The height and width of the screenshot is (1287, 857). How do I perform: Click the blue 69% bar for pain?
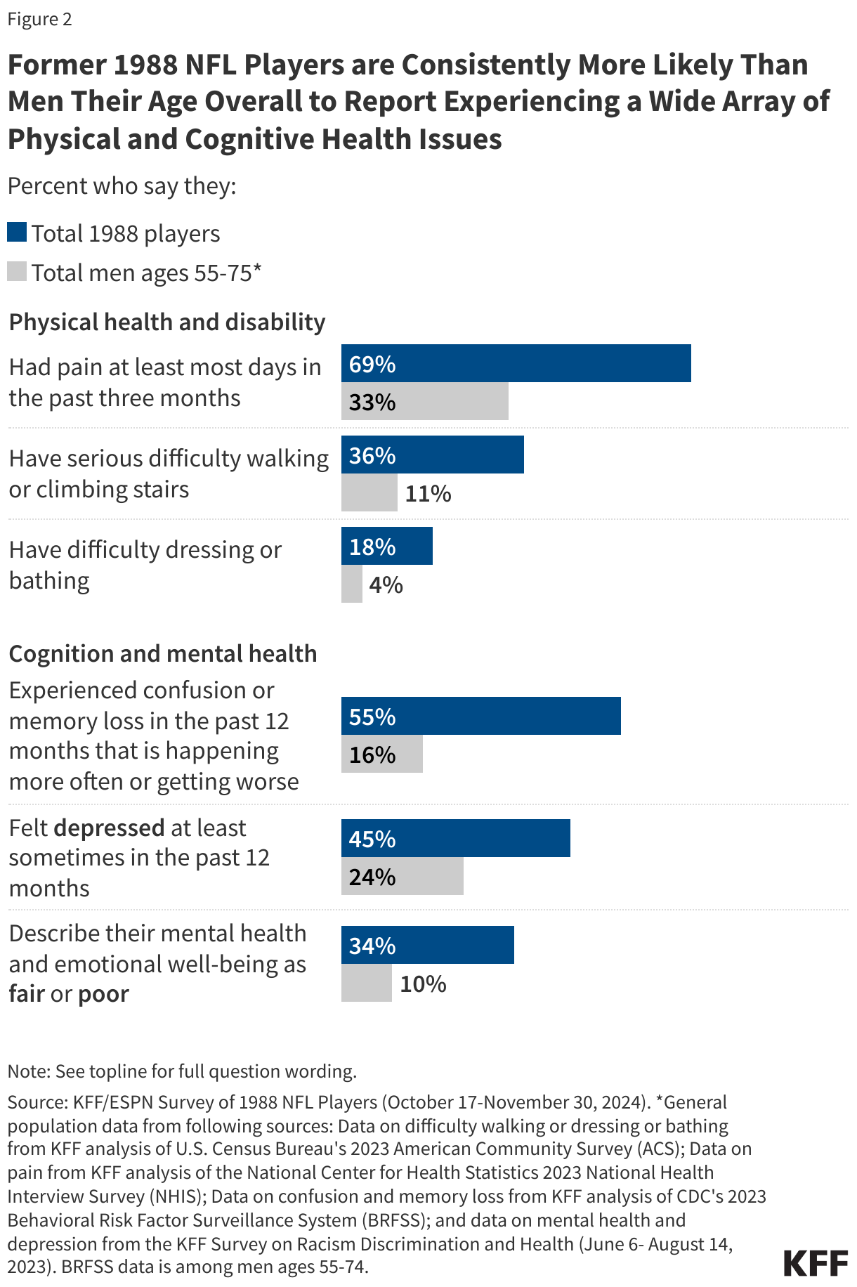click(516, 363)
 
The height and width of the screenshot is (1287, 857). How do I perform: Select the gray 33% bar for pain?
click(424, 402)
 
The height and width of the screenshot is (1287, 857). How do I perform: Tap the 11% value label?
click(428, 494)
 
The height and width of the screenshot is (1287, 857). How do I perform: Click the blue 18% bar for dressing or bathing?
click(386, 547)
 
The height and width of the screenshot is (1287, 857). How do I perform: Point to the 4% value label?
click(386, 585)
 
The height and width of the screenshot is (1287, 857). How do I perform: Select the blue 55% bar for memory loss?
click(480, 717)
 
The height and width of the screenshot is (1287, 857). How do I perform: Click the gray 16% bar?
click(381, 754)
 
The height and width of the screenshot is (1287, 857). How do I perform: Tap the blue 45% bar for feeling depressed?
click(455, 839)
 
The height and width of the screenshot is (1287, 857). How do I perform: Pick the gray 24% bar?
click(402, 877)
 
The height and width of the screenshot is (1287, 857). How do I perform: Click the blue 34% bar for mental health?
click(427, 946)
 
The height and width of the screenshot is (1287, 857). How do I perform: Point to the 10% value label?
click(423, 984)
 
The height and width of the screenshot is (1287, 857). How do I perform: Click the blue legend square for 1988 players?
click(17, 233)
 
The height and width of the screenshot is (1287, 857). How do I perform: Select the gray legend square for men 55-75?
click(17, 272)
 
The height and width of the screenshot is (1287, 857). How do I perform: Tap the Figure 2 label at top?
click(40, 19)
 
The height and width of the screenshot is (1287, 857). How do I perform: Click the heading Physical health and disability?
click(167, 322)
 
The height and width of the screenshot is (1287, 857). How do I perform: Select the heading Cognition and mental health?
click(163, 654)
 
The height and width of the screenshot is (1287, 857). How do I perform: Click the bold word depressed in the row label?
click(109, 828)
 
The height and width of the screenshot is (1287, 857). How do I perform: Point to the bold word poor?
click(103, 995)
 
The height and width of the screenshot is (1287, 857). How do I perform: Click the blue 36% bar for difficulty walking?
click(432, 455)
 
